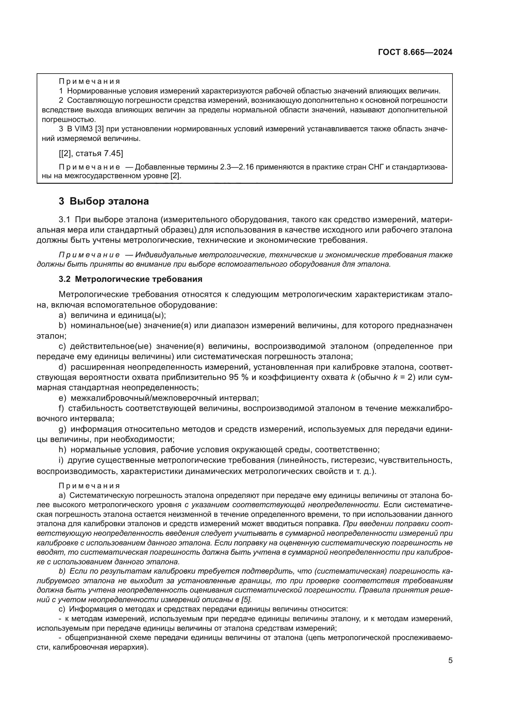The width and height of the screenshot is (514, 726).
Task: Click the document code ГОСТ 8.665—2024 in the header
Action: (x=415, y=52)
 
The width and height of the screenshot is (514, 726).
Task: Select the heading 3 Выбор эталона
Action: (x=103, y=201)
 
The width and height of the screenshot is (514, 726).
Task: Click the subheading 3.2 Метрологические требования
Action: (x=131, y=279)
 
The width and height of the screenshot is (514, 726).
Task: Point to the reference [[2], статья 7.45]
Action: (x=91, y=154)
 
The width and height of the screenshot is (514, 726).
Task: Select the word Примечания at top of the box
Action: (x=89, y=82)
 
